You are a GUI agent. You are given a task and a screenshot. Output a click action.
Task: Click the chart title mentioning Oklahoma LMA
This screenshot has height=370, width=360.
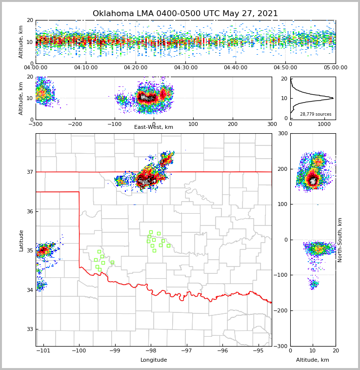185,14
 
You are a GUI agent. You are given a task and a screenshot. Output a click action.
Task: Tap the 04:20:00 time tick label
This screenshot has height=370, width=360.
136,68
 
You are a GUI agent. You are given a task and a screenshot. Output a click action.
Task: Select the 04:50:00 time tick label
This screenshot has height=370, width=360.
285,68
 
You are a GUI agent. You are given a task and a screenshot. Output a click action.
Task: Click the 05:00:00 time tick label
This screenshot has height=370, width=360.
335,68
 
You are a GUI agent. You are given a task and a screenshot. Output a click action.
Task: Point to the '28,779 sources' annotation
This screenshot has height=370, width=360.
316,114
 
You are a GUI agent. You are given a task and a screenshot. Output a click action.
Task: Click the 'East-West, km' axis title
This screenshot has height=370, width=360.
154,127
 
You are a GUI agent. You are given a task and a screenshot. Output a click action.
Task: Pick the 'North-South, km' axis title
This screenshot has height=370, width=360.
340,240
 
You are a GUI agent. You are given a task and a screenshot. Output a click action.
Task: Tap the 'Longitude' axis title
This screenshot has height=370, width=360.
154,360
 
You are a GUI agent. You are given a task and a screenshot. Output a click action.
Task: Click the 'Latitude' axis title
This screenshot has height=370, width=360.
21,240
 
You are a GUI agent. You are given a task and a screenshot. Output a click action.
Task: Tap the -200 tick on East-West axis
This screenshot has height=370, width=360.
75,124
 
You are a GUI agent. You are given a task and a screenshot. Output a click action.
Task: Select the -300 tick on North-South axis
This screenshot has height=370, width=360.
281,346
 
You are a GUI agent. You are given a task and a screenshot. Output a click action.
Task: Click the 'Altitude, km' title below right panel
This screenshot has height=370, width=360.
313,360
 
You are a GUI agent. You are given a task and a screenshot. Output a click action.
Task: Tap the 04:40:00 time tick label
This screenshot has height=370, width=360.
236,68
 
